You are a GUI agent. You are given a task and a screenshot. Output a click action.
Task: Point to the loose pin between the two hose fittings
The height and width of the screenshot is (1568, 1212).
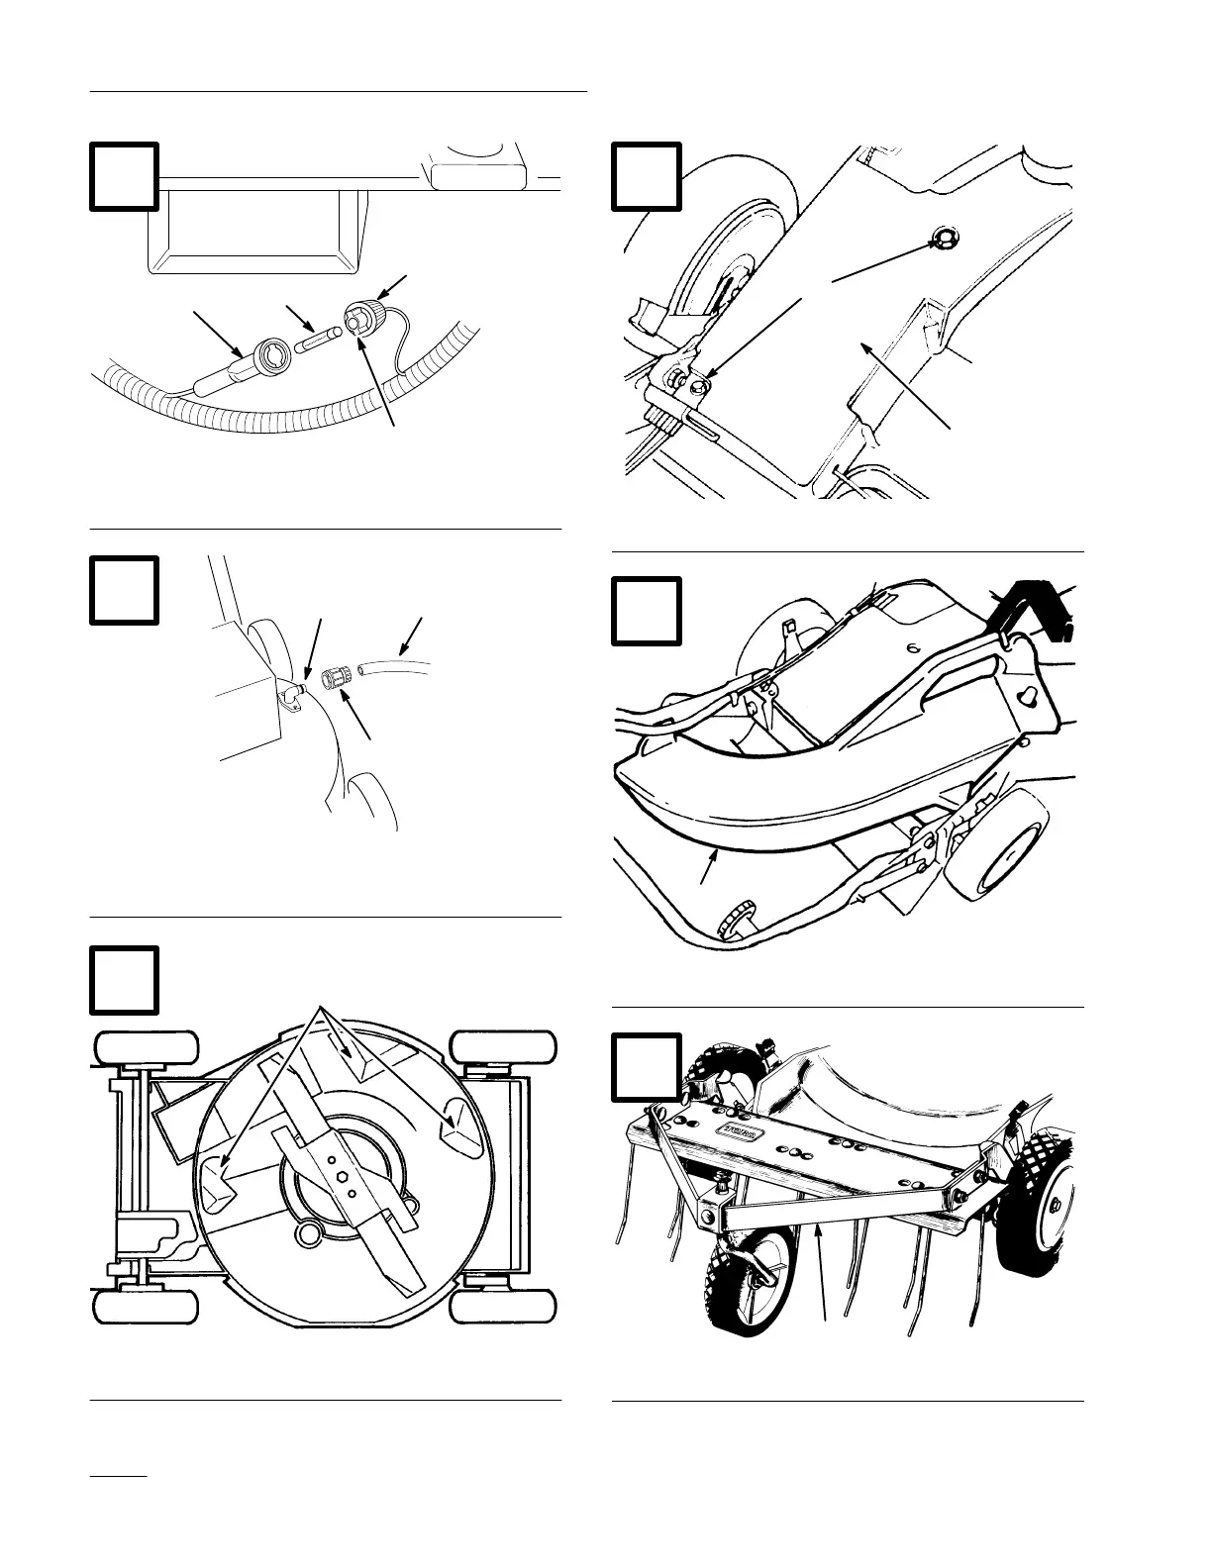318,338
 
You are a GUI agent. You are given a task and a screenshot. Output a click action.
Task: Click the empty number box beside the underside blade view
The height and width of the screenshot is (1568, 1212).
125,980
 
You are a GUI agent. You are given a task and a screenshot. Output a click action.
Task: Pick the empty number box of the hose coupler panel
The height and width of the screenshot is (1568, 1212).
125,590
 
